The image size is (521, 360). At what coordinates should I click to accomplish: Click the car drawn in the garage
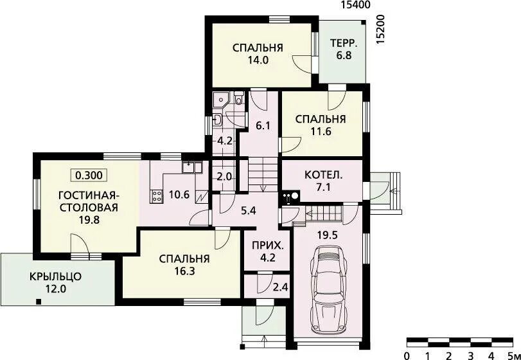(x=329, y=289)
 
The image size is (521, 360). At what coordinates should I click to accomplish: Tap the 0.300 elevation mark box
(x=89, y=175)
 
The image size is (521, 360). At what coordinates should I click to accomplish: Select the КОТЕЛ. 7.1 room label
(x=323, y=181)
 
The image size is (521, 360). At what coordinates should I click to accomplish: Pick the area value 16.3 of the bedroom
(x=184, y=271)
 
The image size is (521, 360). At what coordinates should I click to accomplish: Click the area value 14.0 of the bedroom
(x=258, y=60)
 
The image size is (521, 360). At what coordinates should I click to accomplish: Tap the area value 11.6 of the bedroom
(x=321, y=131)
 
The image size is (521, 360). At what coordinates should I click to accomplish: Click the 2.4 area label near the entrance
(x=281, y=287)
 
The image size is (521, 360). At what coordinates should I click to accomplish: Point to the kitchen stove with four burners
(x=157, y=196)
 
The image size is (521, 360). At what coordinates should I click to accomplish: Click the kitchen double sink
(x=192, y=166)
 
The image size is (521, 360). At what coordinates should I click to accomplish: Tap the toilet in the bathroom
(x=239, y=98)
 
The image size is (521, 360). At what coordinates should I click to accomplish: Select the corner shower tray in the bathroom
(x=220, y=98)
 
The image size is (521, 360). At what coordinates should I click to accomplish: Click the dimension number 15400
(x=355, y=4)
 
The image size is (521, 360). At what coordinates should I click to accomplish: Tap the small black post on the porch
(x=39, y=302)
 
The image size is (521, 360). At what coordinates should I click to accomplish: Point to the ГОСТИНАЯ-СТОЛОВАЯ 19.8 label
(x=89, y=207)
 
